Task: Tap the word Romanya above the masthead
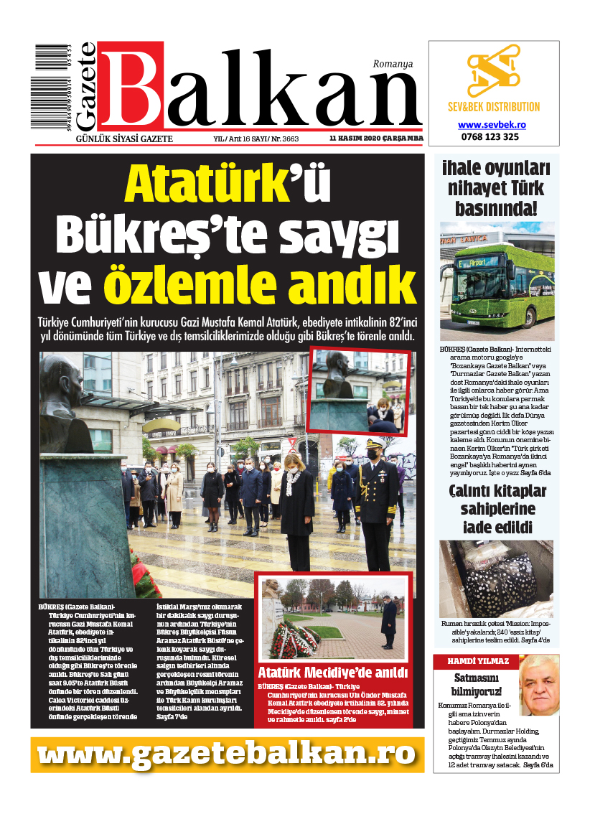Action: pyautogui.click(x=393, y=64)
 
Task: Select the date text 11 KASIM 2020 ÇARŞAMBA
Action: pyautogui.click(x=376, y=139)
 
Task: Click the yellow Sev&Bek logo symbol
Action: pyautogui.click(x=493, y=72)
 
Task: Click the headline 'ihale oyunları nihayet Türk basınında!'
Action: pyautogui.click(x=497, y=189)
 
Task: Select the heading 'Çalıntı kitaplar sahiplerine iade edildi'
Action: pyautogui.click(x=497, y=510)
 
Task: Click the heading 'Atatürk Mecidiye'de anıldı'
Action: pyautogui.click(x=334, y=673)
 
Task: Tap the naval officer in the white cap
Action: pyautogui.click(x=374, y=495)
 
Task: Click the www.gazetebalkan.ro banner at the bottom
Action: pyautogui.click(x=227, y=753)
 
